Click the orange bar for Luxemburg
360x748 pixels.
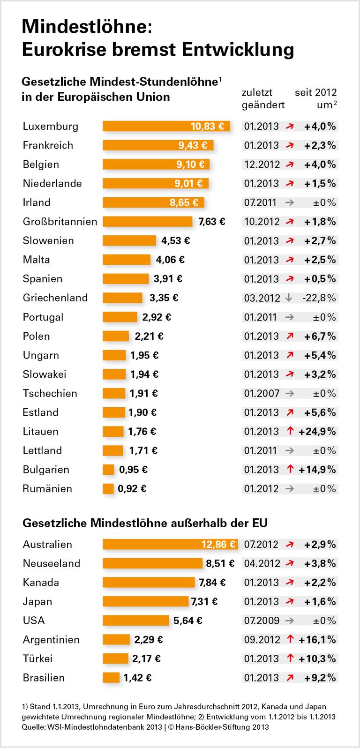[145, 126]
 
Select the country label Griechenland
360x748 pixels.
[55, 298]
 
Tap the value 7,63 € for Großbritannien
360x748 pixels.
[211, 222]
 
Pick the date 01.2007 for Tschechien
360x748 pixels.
[262, 394]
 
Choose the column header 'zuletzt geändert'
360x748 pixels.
[263, 98]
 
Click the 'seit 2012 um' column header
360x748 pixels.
[315, 98]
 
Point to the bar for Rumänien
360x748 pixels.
[108, 489]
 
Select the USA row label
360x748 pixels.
[34, 621]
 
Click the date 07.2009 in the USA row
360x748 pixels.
[262, 621]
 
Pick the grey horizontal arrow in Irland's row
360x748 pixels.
[289, 202]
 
